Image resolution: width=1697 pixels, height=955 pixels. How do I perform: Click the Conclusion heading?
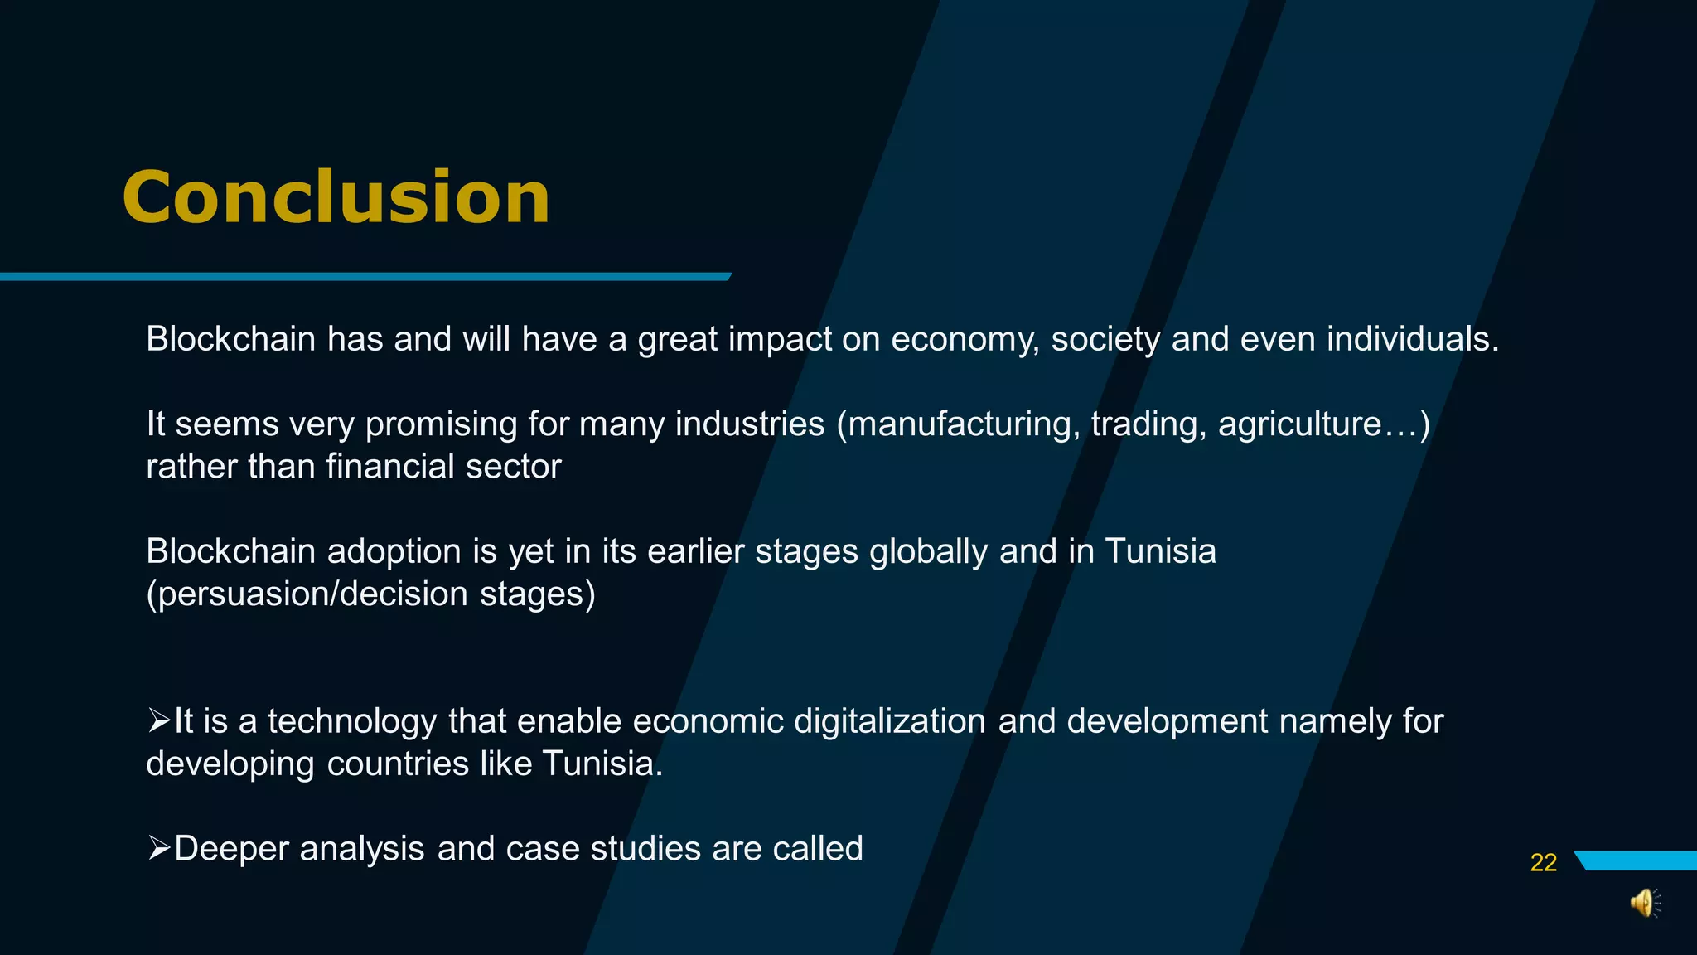tap(336, 197)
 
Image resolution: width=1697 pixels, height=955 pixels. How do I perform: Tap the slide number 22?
tap(1543, 863)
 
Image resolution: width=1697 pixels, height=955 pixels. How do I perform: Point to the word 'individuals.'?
tap(1413, 340)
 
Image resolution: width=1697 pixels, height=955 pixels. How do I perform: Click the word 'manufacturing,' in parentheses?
tap(958, 424)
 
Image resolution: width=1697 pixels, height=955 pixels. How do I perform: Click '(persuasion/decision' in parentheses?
tap(307, 594)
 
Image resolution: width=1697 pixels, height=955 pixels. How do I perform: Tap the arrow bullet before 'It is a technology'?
tap(158, 720)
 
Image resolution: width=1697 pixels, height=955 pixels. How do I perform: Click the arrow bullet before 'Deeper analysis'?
tap(158, 848)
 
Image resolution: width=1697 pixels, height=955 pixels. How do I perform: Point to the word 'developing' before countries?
tap(230, 764)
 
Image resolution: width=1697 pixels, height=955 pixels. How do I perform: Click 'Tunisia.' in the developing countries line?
tap(602, 764)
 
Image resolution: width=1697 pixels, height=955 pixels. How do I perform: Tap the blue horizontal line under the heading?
tap(365, 277)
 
